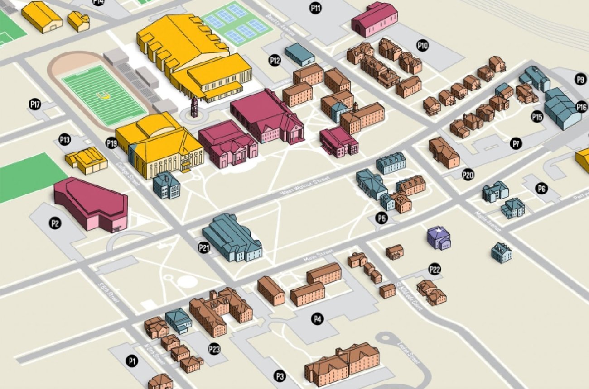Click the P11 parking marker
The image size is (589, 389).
tap(316, 7)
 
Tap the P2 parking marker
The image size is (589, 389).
tap(55, 223)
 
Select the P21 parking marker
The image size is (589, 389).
tap(204, 247)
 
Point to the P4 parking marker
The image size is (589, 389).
tap(318, 319)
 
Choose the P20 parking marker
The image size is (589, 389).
tap(468, 175)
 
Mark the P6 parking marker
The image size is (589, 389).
tap(541, 189)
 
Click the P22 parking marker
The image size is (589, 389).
tap(435, 270)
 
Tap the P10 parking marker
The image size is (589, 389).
tap(423, 45)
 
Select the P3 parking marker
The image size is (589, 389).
tap(280, 375)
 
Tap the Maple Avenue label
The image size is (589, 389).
tap(488, 220)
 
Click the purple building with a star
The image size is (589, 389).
tap(439, 237)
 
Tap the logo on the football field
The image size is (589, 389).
tap(104, 95)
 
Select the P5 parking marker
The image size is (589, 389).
tap(382, 218)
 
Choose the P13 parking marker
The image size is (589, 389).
tap(65, 140)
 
